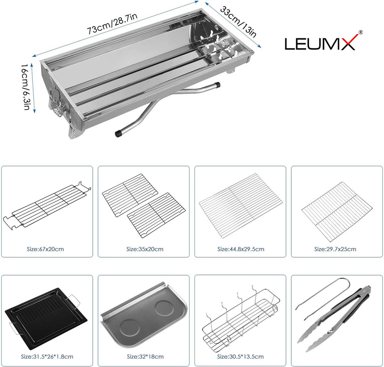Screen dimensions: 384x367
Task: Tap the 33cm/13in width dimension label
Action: (x=238, y=22)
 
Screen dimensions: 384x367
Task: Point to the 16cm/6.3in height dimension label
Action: (x=26, y=87)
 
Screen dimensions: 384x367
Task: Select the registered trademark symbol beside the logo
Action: (x=360, y=32)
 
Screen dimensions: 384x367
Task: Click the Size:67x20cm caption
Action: (x=45, y=249)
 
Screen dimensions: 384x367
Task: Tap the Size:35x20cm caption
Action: (x=145, y=249)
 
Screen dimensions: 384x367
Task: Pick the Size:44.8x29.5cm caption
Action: (x=241, y=249)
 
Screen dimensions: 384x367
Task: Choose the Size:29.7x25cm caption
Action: (x=335, y=249)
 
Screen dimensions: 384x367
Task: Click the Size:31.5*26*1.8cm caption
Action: (x=47, y=356)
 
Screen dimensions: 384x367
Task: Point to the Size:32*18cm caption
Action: (x=145, y=356)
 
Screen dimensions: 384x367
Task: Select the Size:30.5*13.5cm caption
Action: (x=240, y=356)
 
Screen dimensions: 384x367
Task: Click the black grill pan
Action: (x=46, y=318)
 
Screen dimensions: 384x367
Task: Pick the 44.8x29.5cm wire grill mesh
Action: (x=241, y=206)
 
